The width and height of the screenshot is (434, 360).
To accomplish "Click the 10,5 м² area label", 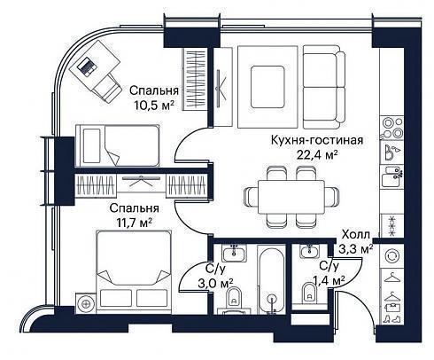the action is click(x=153, y=105).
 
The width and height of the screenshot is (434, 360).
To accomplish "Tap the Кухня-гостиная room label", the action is click(x=317, y=140).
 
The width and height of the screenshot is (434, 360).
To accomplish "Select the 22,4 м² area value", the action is click(x=317, y=154).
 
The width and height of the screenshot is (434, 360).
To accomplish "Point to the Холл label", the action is click(x=355, y=235).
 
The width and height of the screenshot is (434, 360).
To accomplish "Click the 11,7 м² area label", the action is click(x=135, y=223).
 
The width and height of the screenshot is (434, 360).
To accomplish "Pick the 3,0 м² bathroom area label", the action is click(x=216, y=284).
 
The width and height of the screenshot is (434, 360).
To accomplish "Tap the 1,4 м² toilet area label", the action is click(x=329, y=280).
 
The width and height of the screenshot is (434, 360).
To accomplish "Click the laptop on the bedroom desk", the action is click(x=86, y=67).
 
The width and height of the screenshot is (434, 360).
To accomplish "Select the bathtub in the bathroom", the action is click(x=271, y=279).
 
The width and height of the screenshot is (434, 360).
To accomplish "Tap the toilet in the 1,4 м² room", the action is click(x=309, y=293).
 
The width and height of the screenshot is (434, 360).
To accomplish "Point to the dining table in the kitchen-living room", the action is click(x=291, y=197).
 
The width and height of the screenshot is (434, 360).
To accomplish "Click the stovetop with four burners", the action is click(x=392, y=128).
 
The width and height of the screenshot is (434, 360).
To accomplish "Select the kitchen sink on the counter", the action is click(x=391, y=176).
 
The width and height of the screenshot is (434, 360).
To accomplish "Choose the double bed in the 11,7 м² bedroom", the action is click(x=134, y=270).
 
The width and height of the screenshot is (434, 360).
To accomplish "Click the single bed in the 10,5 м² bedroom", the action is click(x=118, y=145).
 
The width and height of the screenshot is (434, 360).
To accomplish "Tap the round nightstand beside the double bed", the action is click(x=86, y=303).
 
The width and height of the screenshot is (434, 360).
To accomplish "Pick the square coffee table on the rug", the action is click(x=267, y=87).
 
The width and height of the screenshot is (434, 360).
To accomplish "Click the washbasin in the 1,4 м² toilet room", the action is click(x=309, y=252).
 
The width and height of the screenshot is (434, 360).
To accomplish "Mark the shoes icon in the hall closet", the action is click(x=392, y=319).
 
